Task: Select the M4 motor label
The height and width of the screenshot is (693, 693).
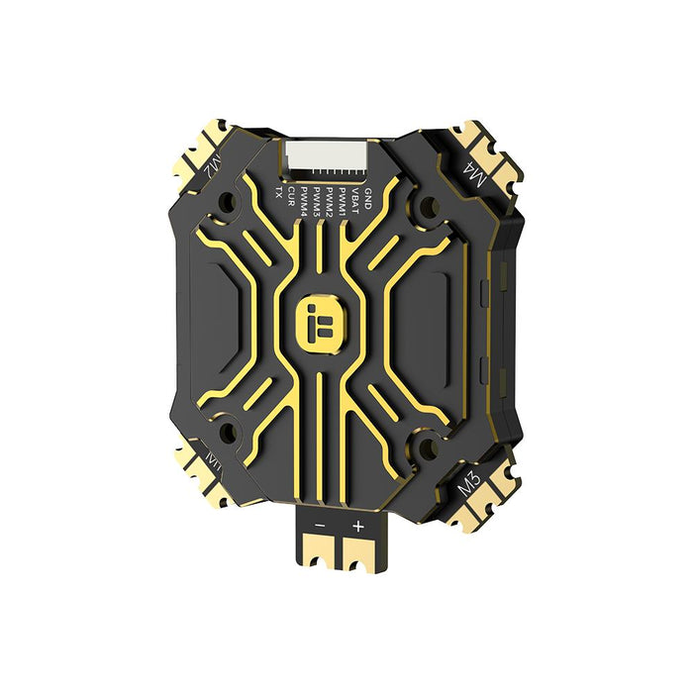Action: pos(473,177)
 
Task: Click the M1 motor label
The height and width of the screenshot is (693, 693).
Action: pos(213,461)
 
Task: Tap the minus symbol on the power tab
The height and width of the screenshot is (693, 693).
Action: pos(320,526)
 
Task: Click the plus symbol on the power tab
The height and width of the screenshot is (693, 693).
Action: pos(357,526)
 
